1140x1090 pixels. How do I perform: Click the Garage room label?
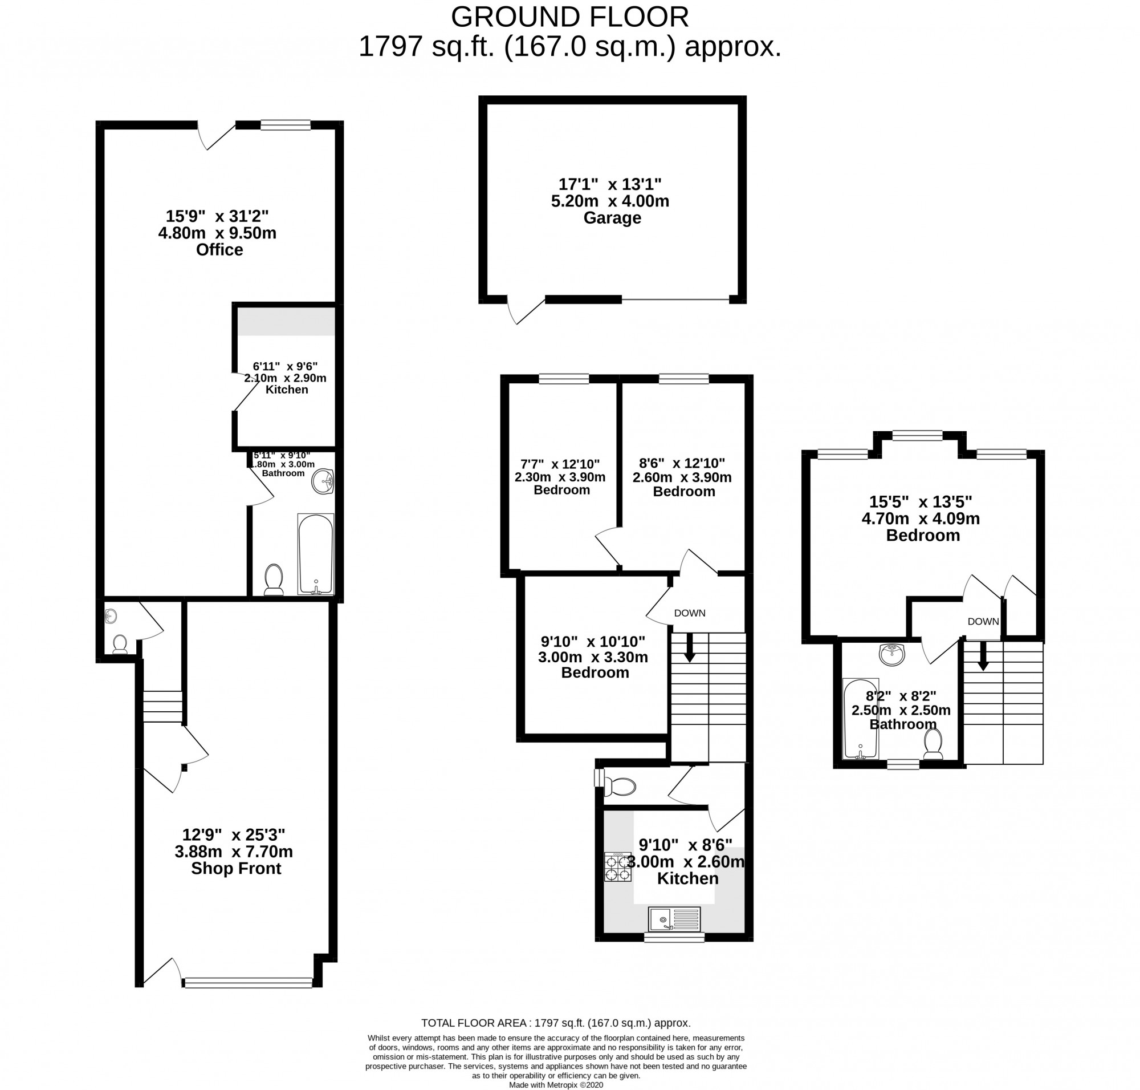pyautogui.click(x=612, y=218)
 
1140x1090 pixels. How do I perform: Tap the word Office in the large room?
pyautogui.click(x=219, y=250)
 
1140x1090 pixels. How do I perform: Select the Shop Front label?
pyautogui.click(x=236, y=868)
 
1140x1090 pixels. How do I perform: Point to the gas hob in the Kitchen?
pyautogui.click(x=617, y=867)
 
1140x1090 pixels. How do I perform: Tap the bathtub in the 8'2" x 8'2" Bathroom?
pyautogui.click(x=860, y=719)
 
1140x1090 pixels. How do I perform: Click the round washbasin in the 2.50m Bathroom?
pyautogui.click(x=891, y=654)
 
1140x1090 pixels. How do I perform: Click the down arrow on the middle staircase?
pyautogui.click(x=689, y=647)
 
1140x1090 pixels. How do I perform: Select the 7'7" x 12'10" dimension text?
pyautogui.click(x=560, y=464)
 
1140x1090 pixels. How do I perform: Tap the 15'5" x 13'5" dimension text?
pyautogui.click(x=921, y=501)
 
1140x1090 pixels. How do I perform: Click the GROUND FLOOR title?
pyautogui.click(x=569, y=18)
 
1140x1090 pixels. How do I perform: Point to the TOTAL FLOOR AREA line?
pyautogui.click(x=555, y=1023)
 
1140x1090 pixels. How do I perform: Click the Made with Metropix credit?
pyautogui.click(x=556, y=1085)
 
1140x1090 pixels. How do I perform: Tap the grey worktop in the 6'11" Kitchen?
pyautogui.click(x=286, y=321)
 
